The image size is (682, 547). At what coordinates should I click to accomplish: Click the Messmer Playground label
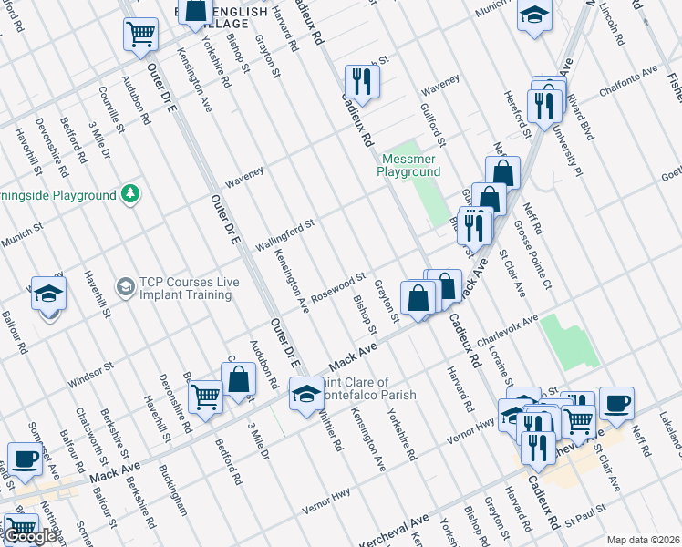coord(409,165)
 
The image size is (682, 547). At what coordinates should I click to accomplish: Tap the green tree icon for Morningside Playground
coord(131,194)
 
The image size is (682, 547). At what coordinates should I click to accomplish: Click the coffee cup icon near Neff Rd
coord(616,400)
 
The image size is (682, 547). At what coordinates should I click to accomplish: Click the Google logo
coord(31,536)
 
